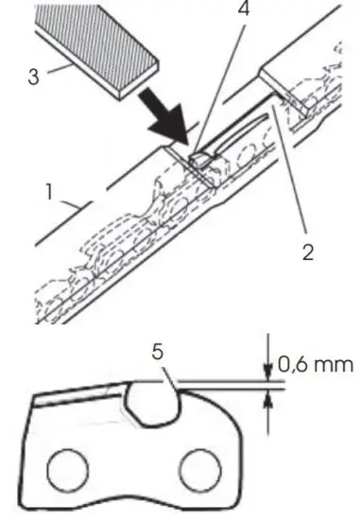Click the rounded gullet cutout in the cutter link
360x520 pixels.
coord(152,402)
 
